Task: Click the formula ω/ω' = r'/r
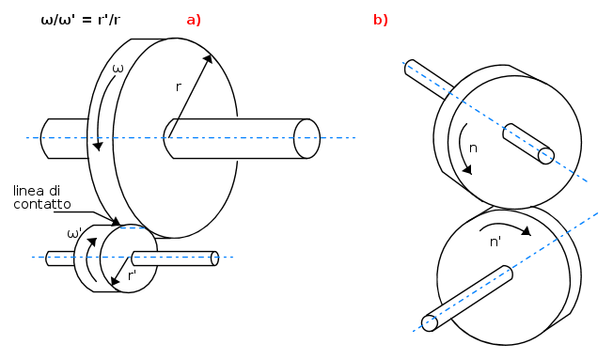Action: pos(81,20)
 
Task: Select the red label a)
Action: pos(194,20)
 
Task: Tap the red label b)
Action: pos(381,20)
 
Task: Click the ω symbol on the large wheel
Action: pos(118,69)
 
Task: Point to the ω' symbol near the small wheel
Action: pos(74,234)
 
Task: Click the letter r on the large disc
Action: pos(179,86)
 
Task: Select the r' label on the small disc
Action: pos(133,275)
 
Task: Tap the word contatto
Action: pos(42,204)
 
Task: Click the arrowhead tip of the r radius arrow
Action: pos(212,55)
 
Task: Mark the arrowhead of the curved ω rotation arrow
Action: pos(98,147)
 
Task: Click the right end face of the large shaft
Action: pos(306,139)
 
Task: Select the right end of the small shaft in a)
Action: pos(214,258)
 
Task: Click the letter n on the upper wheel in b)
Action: pos(473,149)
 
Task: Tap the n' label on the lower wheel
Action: pos(495,242)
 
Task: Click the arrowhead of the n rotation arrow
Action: pos(466,169)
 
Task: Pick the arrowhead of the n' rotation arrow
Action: pos(527,231)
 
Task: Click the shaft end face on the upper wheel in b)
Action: pos(546,156)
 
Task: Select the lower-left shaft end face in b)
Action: pos(430,323)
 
